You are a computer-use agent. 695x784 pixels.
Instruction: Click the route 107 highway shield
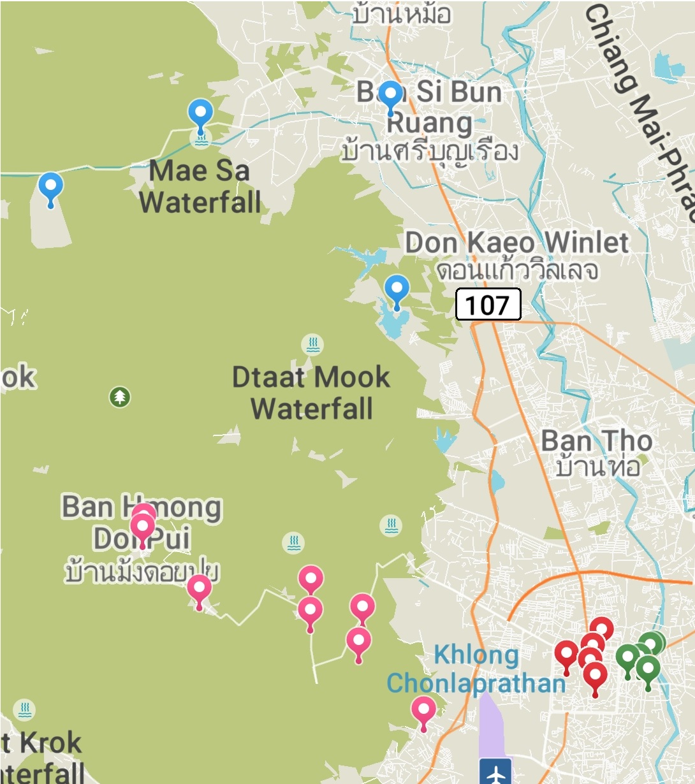tap(488, 305)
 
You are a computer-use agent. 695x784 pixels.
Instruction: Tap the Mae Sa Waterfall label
tap(200, 187)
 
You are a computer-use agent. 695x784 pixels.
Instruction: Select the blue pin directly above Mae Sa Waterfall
tap(200, 115)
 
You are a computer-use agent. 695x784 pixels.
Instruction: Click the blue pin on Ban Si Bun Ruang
tap(390, 96)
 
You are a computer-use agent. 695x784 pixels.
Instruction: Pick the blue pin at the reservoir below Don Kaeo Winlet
tap(397, 291)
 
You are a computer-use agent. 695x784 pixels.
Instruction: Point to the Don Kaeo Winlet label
tap(517, 242)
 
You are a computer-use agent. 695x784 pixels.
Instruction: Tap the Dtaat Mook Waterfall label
tap(311, 393)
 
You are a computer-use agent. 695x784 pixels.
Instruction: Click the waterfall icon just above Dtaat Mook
tap(312, 345)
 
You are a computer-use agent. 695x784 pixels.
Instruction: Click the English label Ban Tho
tap(597, 440)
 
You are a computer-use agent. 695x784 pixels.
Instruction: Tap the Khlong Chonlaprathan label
tap(476, 669)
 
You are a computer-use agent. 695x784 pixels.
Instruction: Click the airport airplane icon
tap(495, 773)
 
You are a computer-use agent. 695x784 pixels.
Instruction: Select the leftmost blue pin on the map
tap(50, 187)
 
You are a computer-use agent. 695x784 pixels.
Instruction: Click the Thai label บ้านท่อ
tap(597, 467)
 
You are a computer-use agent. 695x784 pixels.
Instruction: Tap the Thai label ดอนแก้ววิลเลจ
tap(517, 270)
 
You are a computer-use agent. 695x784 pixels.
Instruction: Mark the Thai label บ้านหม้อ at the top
tap(402, 14)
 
